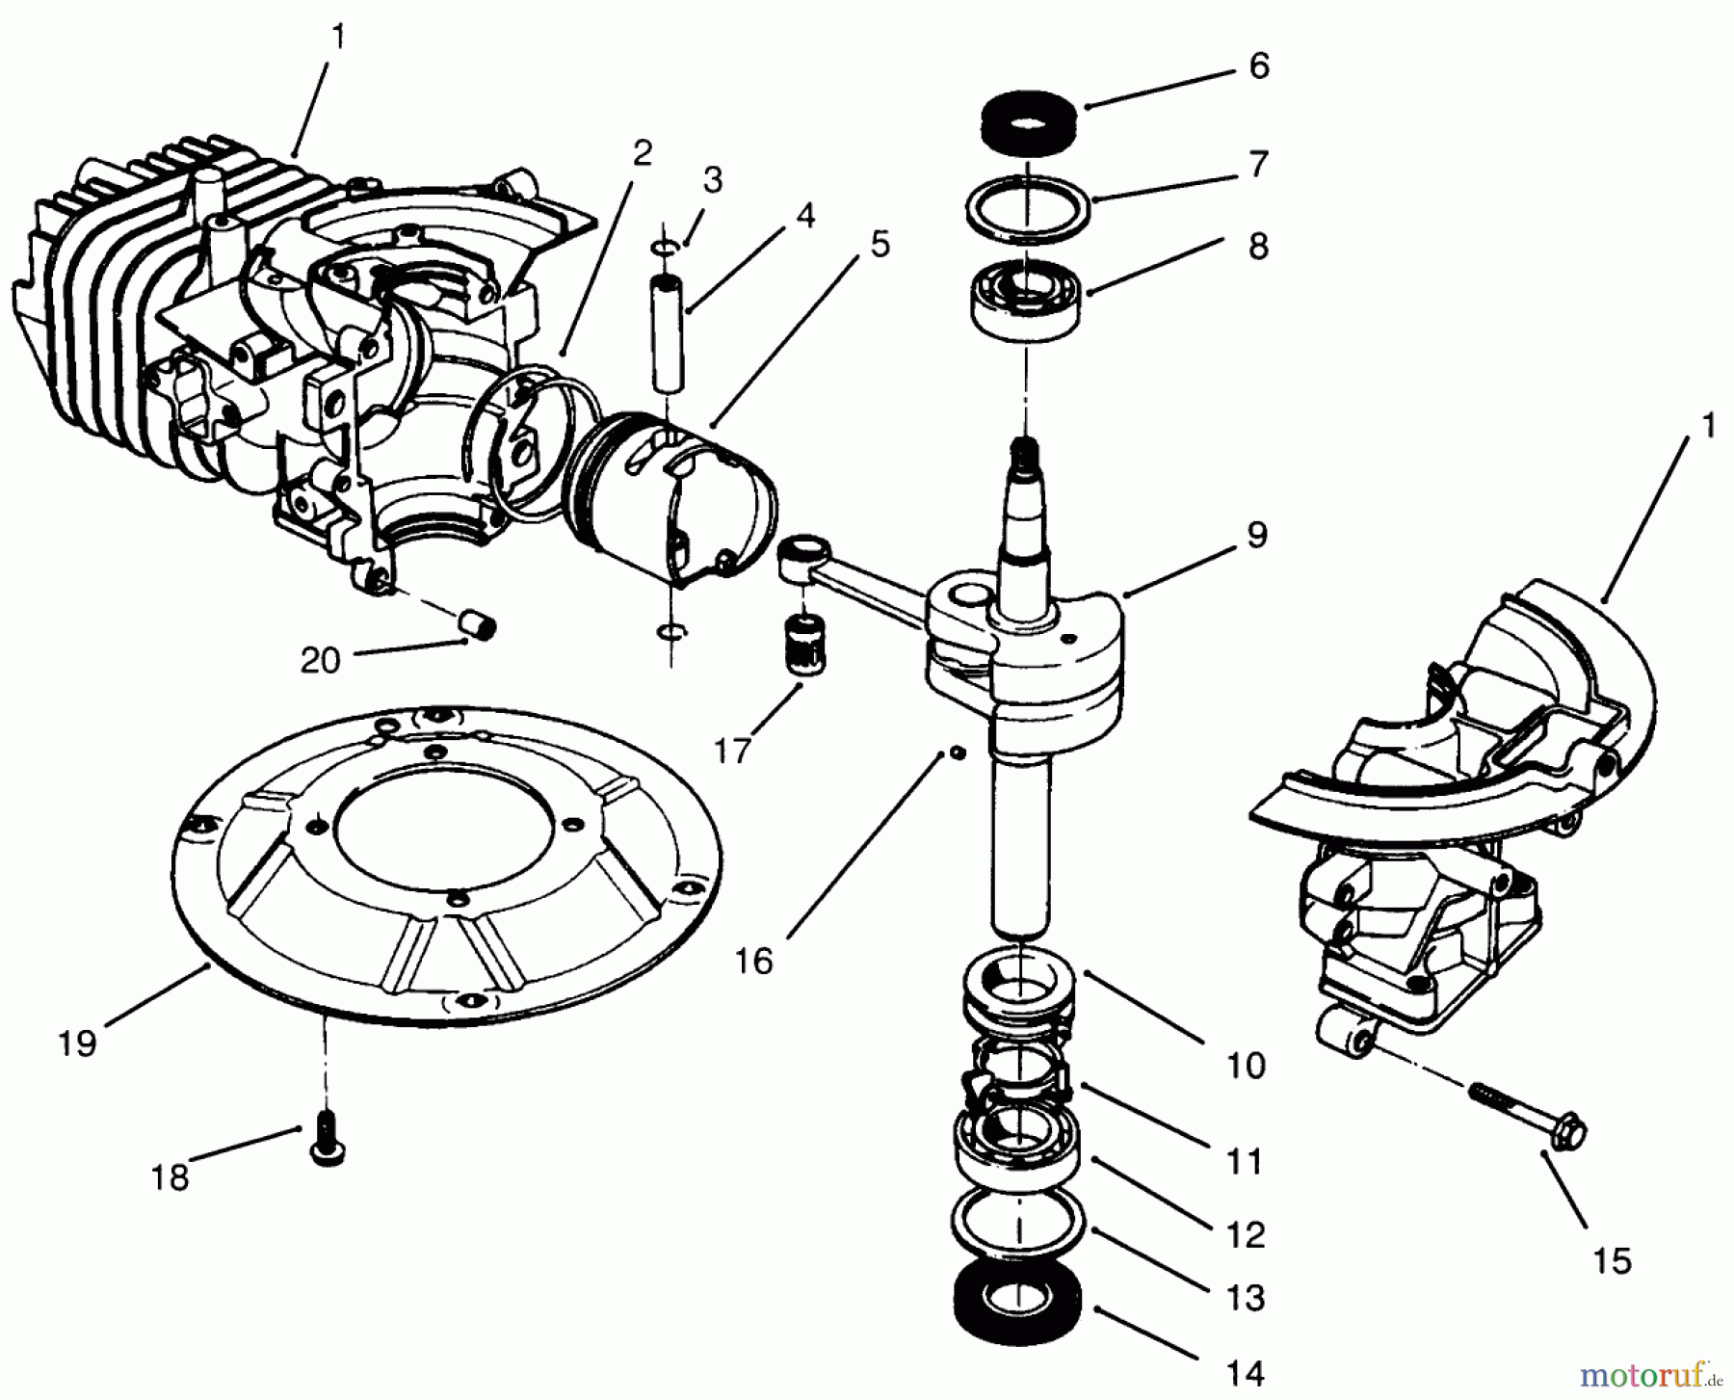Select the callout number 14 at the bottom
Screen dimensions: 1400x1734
tap(1246, 1372)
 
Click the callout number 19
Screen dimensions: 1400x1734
tap(77, 1043)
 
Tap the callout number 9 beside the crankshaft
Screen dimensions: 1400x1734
tap(1256, 536)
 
